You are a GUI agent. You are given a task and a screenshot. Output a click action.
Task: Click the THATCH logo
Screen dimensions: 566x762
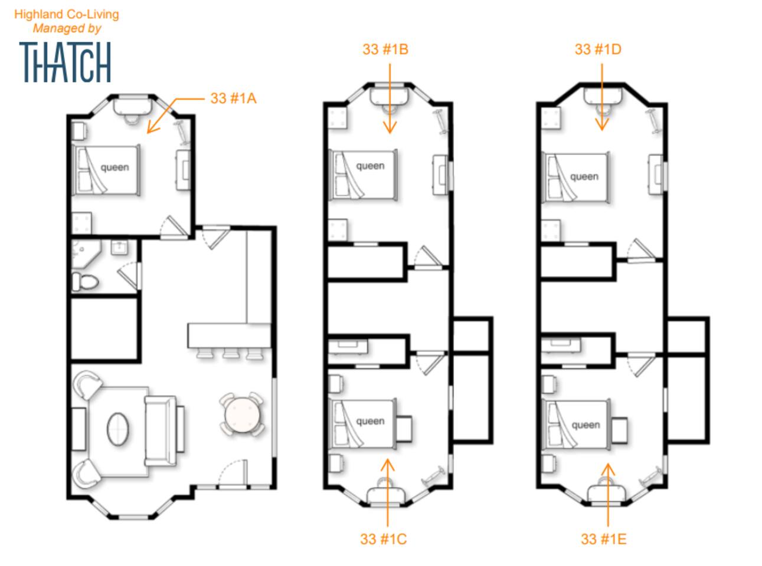pos(65,62)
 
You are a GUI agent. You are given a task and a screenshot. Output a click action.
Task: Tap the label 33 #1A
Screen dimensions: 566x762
pos(233,98)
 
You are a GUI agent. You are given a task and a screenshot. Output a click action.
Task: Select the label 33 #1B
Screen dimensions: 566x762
pos(385,50)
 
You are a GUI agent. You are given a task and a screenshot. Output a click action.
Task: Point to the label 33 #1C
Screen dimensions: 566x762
pos(383,539)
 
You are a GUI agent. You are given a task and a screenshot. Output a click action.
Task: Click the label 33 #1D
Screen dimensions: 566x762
pos(597,50)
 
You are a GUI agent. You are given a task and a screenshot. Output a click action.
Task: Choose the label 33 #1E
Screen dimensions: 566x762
pos(603,539)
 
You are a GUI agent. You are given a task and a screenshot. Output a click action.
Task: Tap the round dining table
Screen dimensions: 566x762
pos(241,414)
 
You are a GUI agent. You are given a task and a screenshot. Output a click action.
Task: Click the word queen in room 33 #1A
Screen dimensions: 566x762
pos(115,167)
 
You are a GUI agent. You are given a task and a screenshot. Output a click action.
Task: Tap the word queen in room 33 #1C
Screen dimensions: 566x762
pos(370,421)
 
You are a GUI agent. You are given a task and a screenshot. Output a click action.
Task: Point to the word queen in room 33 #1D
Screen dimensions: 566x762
pos(584,177)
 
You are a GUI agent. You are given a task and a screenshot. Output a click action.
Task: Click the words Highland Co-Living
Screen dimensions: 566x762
pos(66,14)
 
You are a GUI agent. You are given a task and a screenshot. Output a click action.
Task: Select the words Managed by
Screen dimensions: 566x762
pos(67,28)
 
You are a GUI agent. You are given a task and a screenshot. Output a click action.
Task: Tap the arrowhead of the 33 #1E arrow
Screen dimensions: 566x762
pos(608,469)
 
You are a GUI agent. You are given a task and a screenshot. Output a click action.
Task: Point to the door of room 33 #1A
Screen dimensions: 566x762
pos(174,228)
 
